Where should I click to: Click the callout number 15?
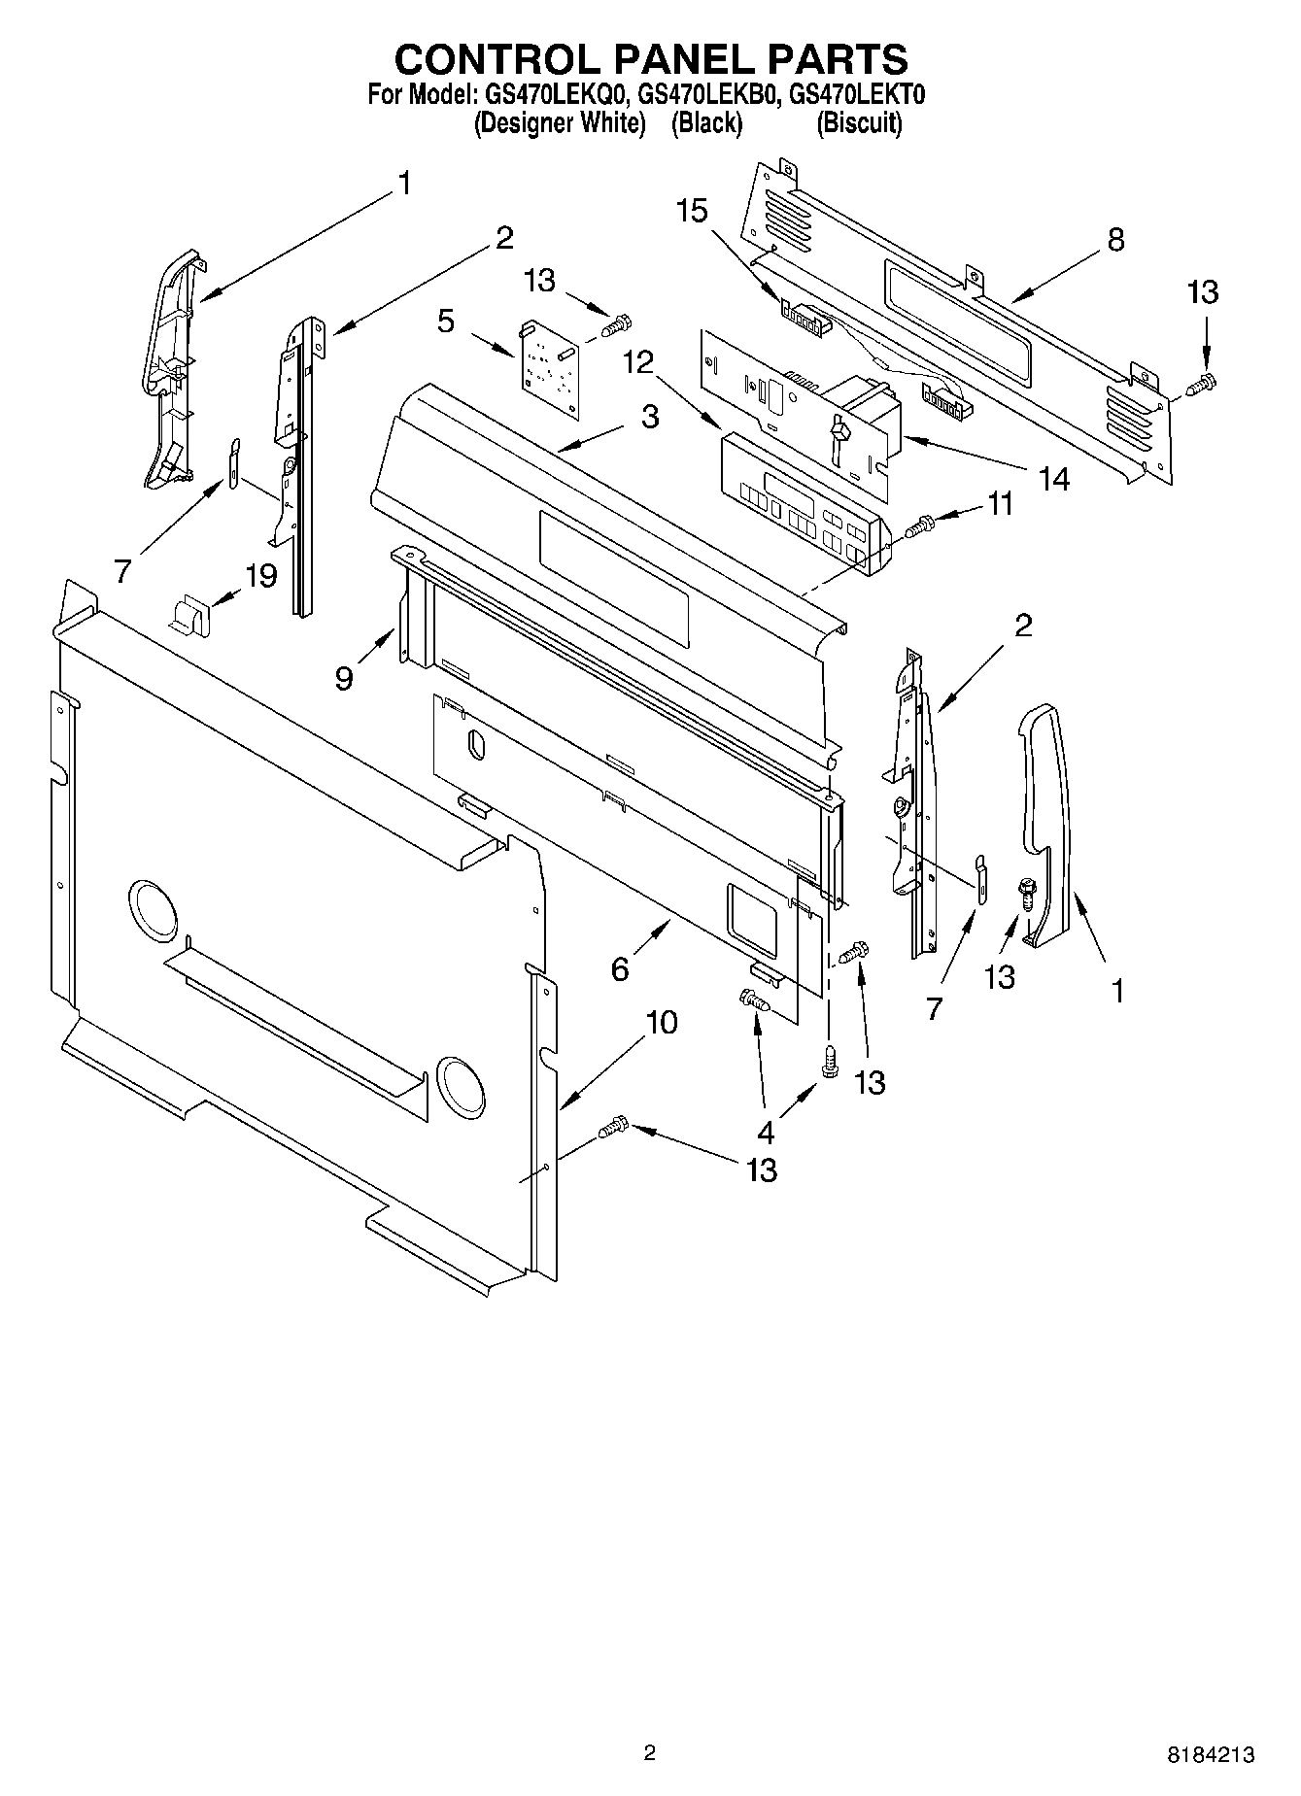coord(692,211)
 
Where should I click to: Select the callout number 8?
coord(1115,239)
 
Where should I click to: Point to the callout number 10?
coord(661,1022)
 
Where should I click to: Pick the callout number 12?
coord(638,362)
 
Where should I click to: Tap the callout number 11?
coord(1000,503)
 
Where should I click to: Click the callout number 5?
coord(446,321)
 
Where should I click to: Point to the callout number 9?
coord(344,678)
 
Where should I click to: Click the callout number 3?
coord(650,417)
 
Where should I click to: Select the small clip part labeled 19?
coord(190,615)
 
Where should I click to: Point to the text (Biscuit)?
coord(859,123)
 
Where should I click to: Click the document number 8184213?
coord(1210,1754)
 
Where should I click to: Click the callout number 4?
coord(766,1132)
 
